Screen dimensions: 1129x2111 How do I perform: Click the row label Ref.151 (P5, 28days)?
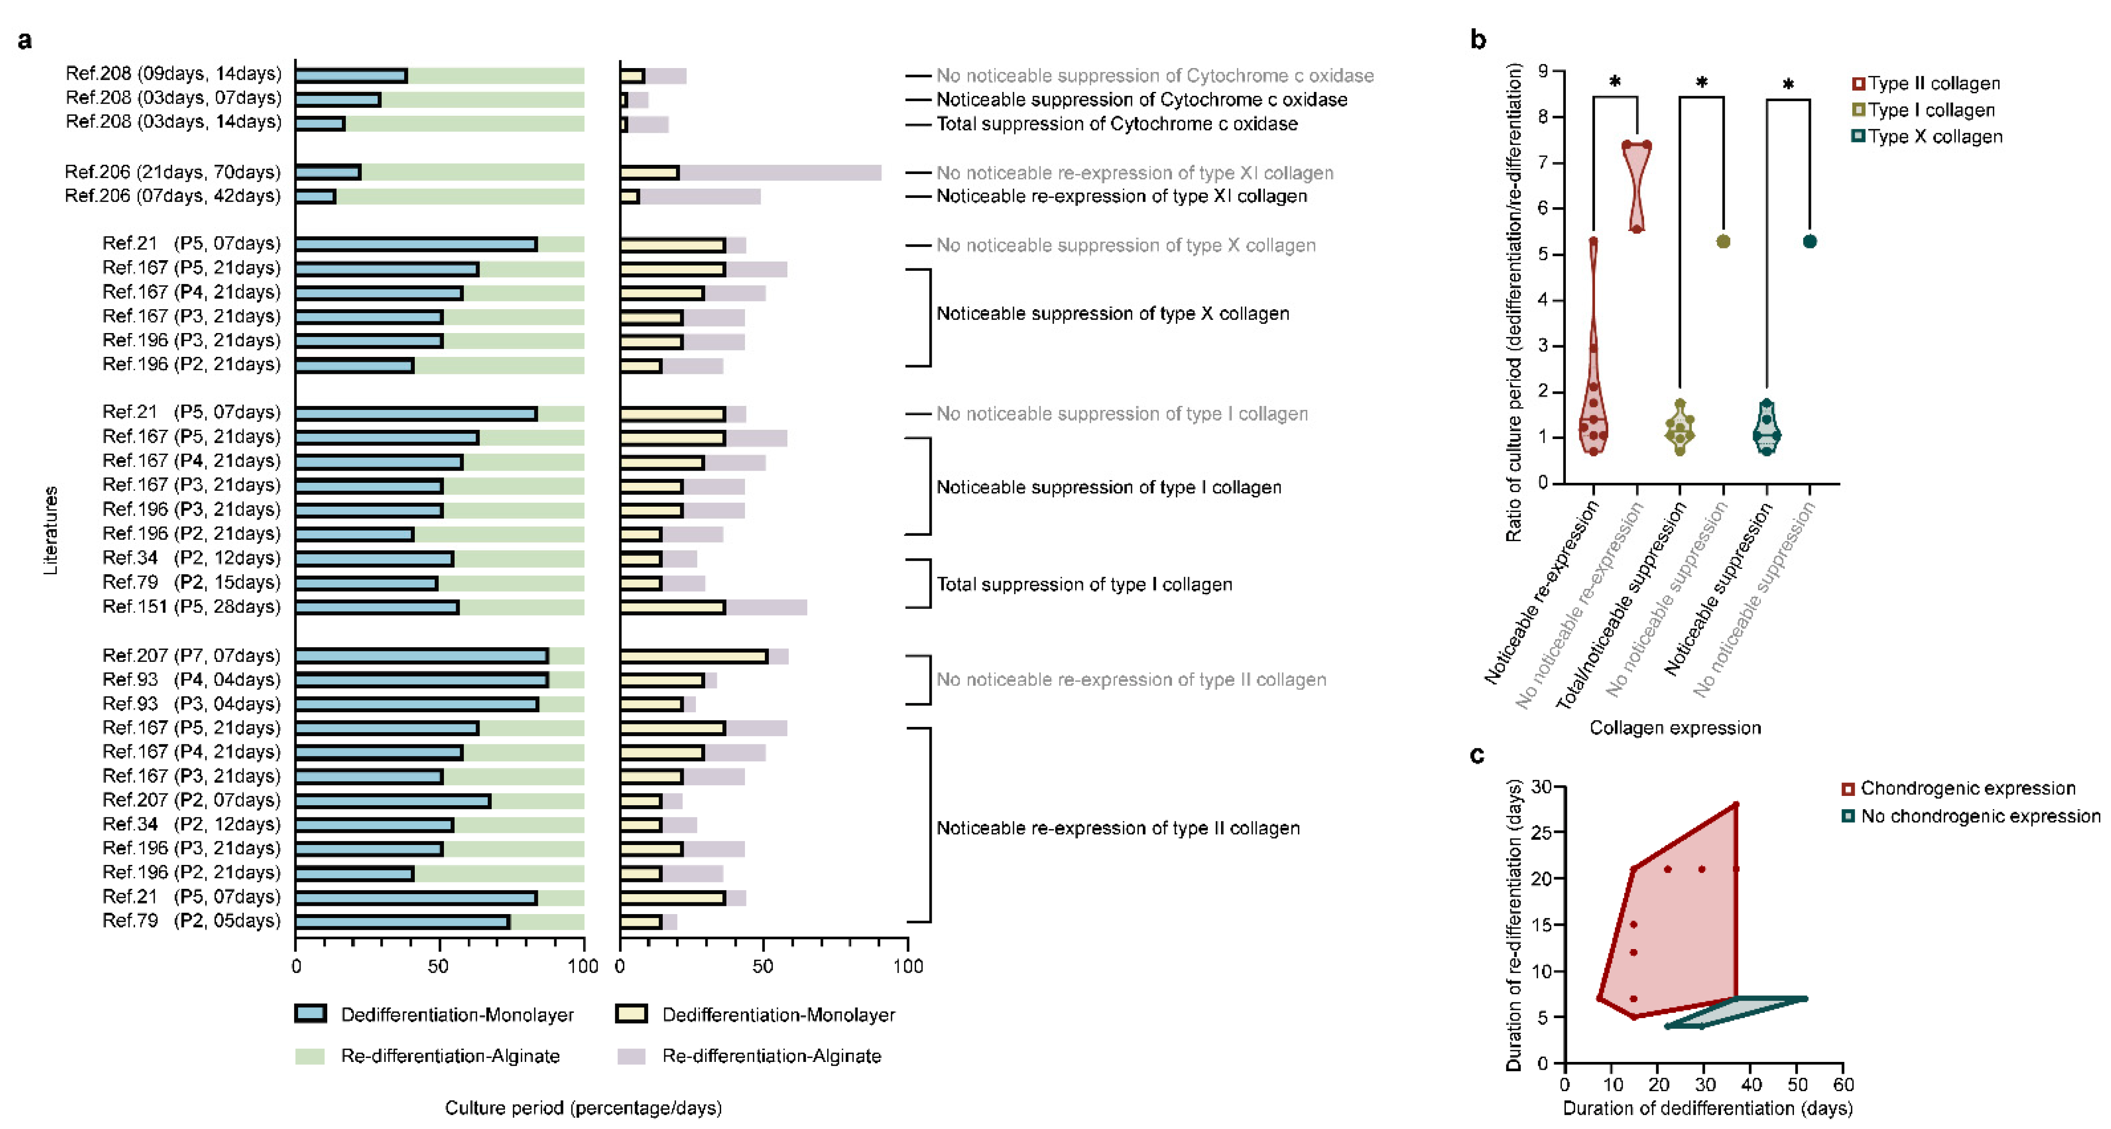point(191,606)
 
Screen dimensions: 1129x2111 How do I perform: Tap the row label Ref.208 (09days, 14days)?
point(173,74)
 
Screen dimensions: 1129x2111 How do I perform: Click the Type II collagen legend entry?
point(1926,84)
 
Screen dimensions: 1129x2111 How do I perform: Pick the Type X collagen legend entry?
point(1926,137)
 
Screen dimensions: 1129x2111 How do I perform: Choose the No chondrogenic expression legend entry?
point(1971,816)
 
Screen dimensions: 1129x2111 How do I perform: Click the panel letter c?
point(1477,755)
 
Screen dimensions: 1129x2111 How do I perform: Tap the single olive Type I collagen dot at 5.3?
point(1723,242)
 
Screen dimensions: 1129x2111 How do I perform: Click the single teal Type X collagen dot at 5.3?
point(1810,242)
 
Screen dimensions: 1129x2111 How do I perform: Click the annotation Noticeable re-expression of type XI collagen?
point(1121,196)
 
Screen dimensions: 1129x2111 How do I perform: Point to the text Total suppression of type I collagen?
point(1084,584)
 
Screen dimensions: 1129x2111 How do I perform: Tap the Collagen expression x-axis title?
point(1675,727)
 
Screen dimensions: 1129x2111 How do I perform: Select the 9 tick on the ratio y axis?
point(1543,71)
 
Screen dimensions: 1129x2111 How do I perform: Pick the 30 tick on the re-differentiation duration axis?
point(1542,787)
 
